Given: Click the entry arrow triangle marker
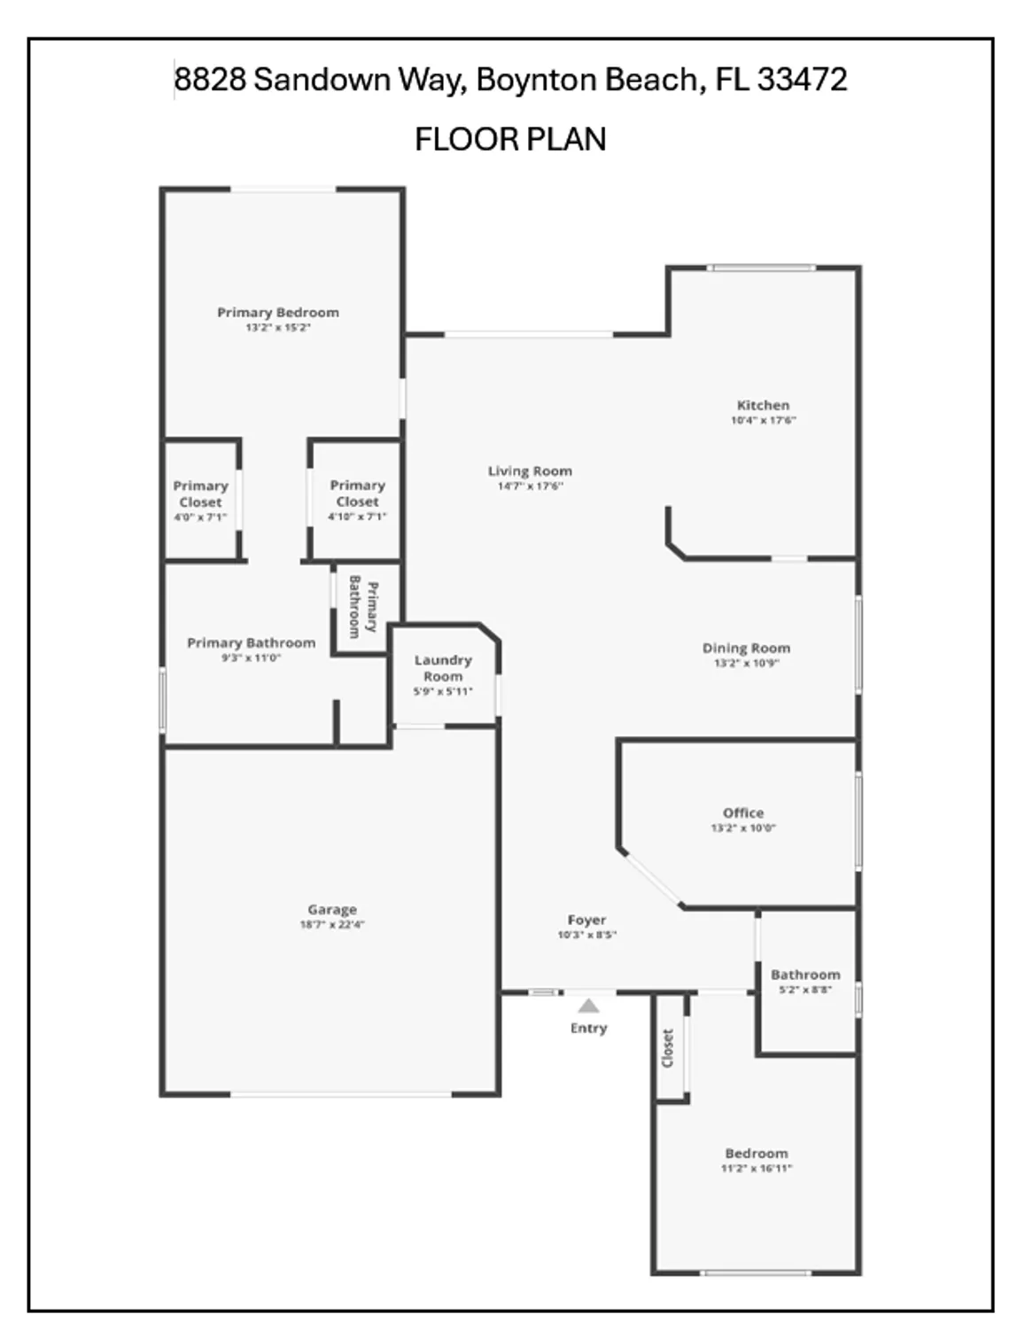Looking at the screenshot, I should coord(588,1006).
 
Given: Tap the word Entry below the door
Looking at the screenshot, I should coord(588,1028).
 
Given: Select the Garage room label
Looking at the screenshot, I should coord(332,909).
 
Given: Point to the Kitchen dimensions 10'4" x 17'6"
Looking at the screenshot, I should coord(763,421).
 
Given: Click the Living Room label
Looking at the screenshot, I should coord(530,471).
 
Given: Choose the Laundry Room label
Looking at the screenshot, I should coord(443,668).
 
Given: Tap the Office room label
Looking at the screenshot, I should coord(742,812).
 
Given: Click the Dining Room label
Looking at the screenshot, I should coord(746,648).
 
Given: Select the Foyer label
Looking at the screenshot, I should coord(586,921).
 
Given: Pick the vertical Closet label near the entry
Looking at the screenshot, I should coord(669,1048).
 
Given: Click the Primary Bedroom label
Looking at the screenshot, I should coord(278,312).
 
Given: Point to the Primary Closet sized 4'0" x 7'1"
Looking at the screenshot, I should coord(200,501).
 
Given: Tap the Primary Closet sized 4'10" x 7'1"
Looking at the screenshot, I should coord(357,501).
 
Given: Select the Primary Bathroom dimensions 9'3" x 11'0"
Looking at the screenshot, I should coord(251,658).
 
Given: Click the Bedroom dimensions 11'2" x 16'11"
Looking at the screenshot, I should coord(756,1169).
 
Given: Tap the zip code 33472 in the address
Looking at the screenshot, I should coord(803,80).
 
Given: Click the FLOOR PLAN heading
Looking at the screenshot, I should coord(510,139).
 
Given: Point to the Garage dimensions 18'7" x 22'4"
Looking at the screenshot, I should coord(332,925).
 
